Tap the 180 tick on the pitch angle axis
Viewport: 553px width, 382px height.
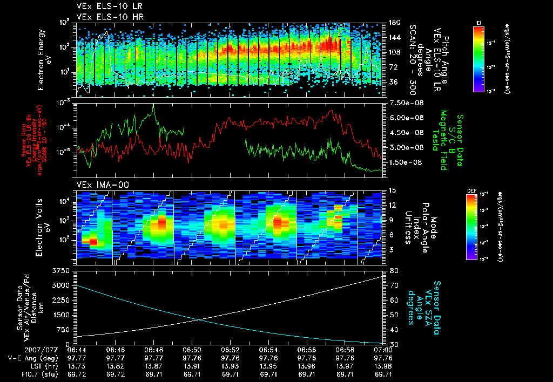(x=393, y=22)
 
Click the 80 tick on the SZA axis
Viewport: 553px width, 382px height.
(x=391, y=270)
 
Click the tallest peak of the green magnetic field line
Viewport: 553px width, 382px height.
(x=153, y=106)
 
